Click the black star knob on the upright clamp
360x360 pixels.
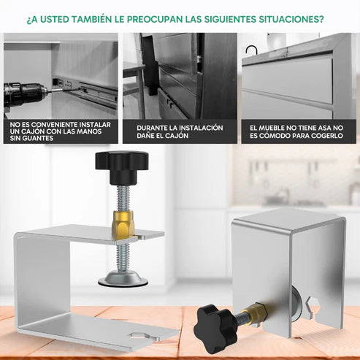tap(122, 167)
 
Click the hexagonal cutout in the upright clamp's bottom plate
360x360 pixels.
tap(144, 337)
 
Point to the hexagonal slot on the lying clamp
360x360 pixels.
tap(312, 306)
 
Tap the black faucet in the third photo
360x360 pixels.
tap(251, 50)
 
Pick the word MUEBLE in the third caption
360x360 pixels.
tap(271, 128)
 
